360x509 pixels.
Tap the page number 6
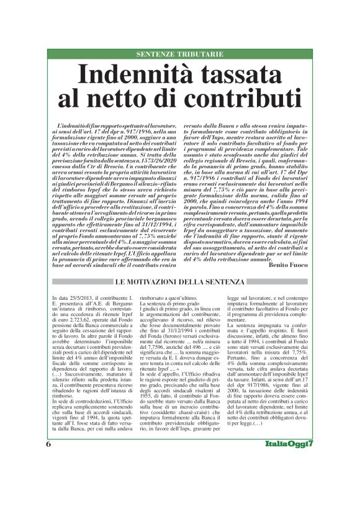48,480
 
